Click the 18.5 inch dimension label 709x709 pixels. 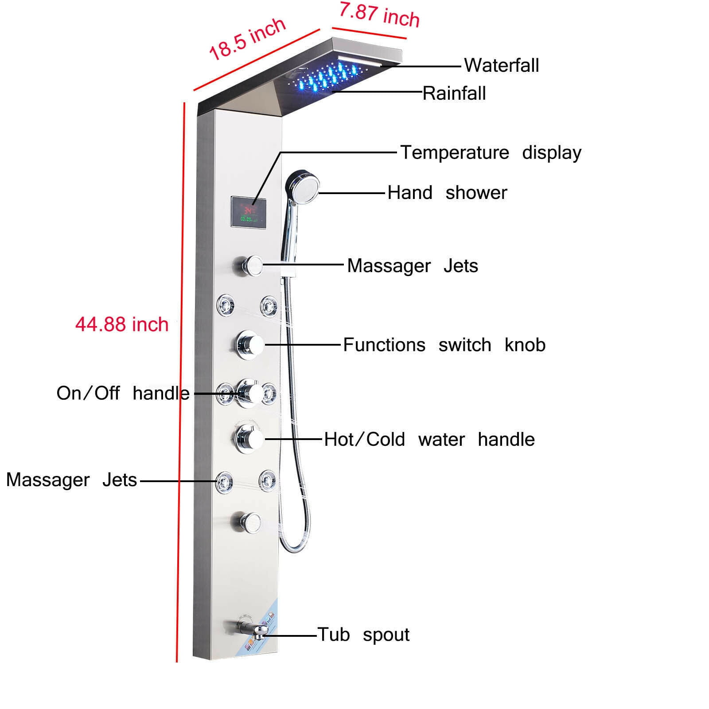(247, 39)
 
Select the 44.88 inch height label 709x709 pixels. (122, 324)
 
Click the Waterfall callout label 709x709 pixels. (501, 66)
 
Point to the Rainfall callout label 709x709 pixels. (454, 93)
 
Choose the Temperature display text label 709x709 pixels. (491, 152)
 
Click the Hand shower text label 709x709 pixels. (447, 193)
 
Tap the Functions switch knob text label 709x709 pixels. (444, 345)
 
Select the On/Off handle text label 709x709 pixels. (123, 393)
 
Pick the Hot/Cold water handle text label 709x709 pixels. (429, 440)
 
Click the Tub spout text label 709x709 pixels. (363, 635)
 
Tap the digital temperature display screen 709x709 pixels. (249, 213)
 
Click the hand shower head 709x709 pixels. (303, 186)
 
